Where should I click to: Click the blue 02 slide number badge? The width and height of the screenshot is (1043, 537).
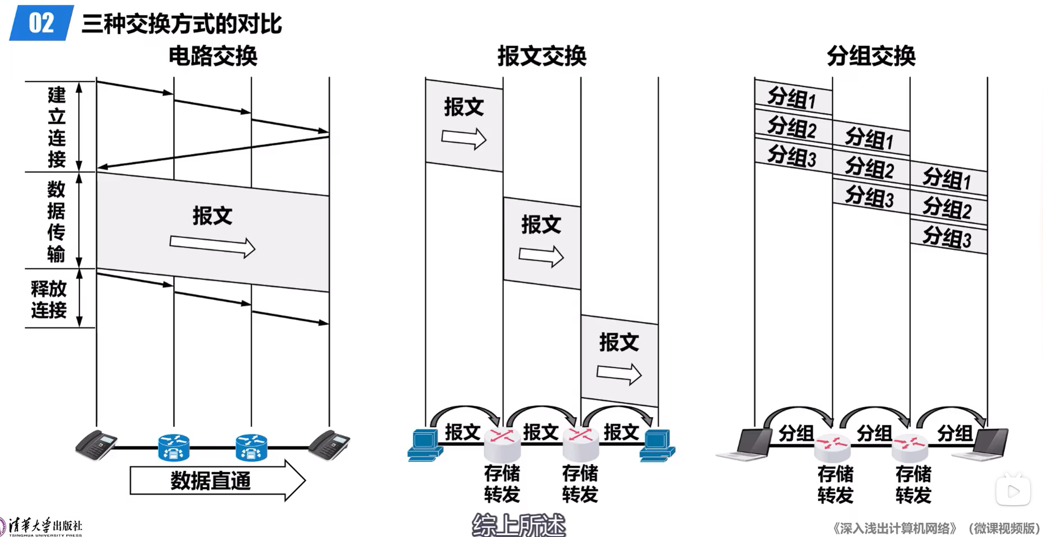[41, 23]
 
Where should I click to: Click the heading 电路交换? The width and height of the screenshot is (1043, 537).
[213, 56]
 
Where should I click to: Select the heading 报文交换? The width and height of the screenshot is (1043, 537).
[542, 56]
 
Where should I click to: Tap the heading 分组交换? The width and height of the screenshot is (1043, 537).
[871, 56]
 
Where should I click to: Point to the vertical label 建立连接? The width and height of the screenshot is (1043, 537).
[57, 126]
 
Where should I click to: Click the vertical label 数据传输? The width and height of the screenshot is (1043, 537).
[56, 221]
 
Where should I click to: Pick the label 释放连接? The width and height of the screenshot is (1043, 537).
[49, 299]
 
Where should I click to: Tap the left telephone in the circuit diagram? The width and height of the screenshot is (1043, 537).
[96, 445]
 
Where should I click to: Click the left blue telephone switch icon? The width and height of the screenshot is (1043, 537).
[174, 447]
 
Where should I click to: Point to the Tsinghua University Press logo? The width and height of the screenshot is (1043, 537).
[42, 527]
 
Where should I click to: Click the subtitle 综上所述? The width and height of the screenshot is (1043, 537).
[519, 525]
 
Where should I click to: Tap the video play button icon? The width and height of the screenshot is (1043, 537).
[1013, 491]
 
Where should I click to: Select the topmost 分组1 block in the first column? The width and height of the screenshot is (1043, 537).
[793, 97]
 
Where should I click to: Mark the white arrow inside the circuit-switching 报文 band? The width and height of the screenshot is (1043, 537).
[212, 247]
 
